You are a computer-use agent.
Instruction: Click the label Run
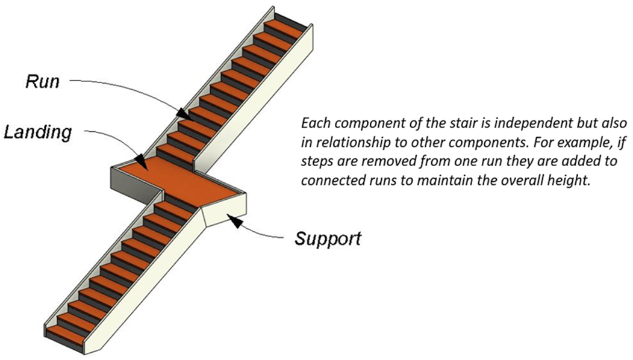tap(42, 81)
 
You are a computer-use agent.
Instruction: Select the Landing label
tap(38, 132)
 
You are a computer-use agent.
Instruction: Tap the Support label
tap(328, 238)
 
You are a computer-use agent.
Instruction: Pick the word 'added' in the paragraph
tap(580, 161)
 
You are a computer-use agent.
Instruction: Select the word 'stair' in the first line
tap(466, 123)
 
